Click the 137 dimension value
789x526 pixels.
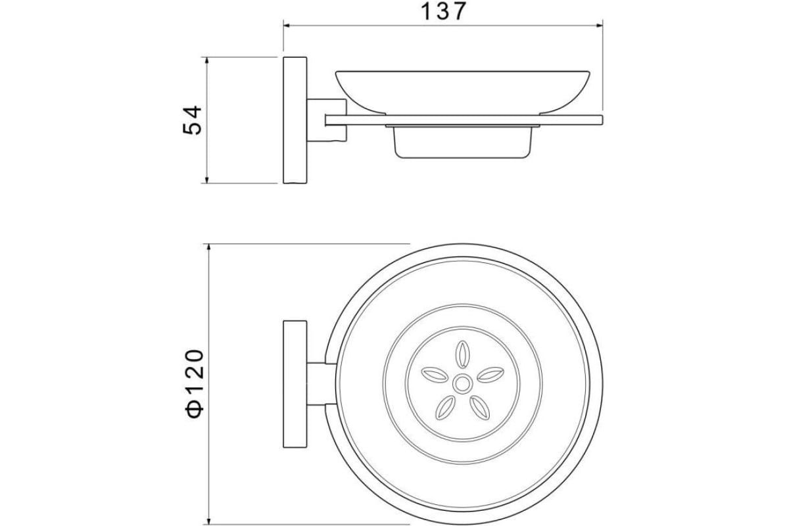[443, 12]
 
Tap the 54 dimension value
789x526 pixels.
[192, 120]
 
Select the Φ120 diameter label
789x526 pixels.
[194, 384]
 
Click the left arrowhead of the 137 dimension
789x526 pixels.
[287, 26]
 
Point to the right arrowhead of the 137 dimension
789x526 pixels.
[600, 26]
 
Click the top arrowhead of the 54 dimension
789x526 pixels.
[207, 60]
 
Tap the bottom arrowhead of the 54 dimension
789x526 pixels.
[207, 179]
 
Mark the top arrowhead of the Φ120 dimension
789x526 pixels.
[209, 247]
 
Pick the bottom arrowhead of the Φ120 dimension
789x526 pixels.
[209, 521]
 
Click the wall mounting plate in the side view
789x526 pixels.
[295, 120]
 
